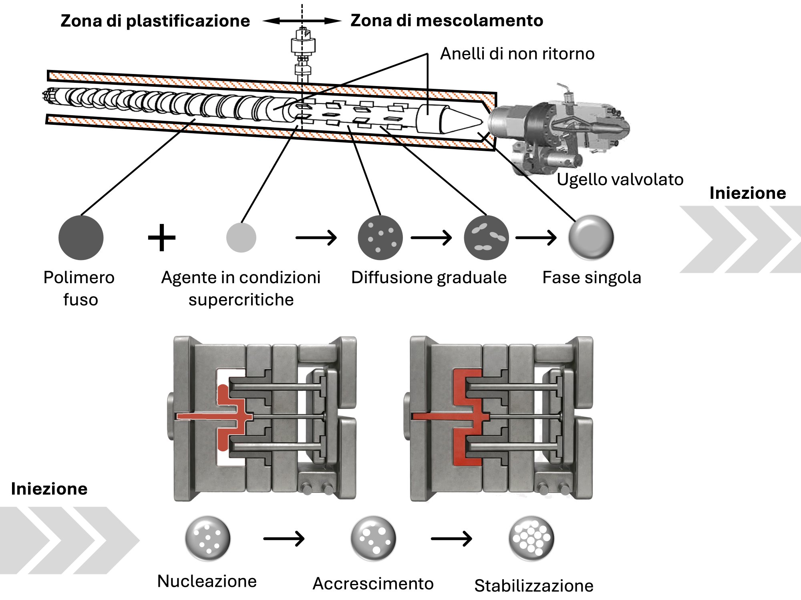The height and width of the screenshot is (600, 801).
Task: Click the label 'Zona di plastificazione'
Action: click(x=155, y=21)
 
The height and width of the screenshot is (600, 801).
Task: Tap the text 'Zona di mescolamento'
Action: click(x=447, y=20)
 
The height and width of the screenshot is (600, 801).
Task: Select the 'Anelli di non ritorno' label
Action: click(x=517, y=54)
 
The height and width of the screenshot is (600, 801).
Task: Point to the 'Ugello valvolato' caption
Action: click(x=620, y=179)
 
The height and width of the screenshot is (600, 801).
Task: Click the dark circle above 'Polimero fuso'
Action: click(x=81, y=238)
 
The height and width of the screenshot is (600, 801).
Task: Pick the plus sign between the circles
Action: click(x=162, y=238)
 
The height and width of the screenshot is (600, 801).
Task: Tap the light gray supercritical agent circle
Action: click(x=241, y=238)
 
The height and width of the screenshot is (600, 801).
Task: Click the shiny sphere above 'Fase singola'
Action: click(x=591, y=238)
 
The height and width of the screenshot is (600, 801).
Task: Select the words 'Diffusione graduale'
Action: click(x=429, y=278)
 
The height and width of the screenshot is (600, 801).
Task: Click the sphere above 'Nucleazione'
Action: click(x=207, y=538)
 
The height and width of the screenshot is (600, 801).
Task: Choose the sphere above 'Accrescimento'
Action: click(x=373, y=538)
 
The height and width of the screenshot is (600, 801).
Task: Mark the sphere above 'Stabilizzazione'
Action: click(x=531, y=538)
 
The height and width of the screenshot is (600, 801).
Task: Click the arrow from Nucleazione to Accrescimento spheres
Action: click(x=284, y=538)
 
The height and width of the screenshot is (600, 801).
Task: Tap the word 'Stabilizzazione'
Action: click(x=533, y=586)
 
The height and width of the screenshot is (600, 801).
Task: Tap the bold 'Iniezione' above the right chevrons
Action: click(x=747, y=193)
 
